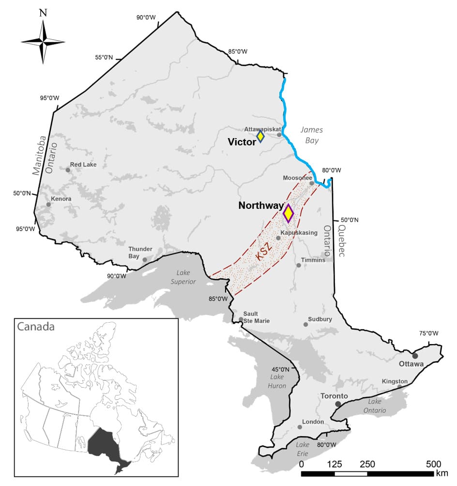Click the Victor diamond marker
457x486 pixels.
click(x=260, y=136)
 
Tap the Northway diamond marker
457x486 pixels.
click(x=288, y=213)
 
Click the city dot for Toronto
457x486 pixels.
click(x=338, y=404)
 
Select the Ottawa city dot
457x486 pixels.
click(x=415, y=356)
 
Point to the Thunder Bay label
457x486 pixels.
click(x=137, y=252)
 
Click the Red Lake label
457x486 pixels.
click(x=83, y=165)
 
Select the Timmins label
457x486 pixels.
click(x=313, y=260)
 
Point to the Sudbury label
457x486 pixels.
click(x=320, y=319)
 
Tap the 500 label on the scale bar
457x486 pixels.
click(x=433, y=464)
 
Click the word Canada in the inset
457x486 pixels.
click(x=36, y=326)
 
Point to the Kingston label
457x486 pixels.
click(x=395, y=381)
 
